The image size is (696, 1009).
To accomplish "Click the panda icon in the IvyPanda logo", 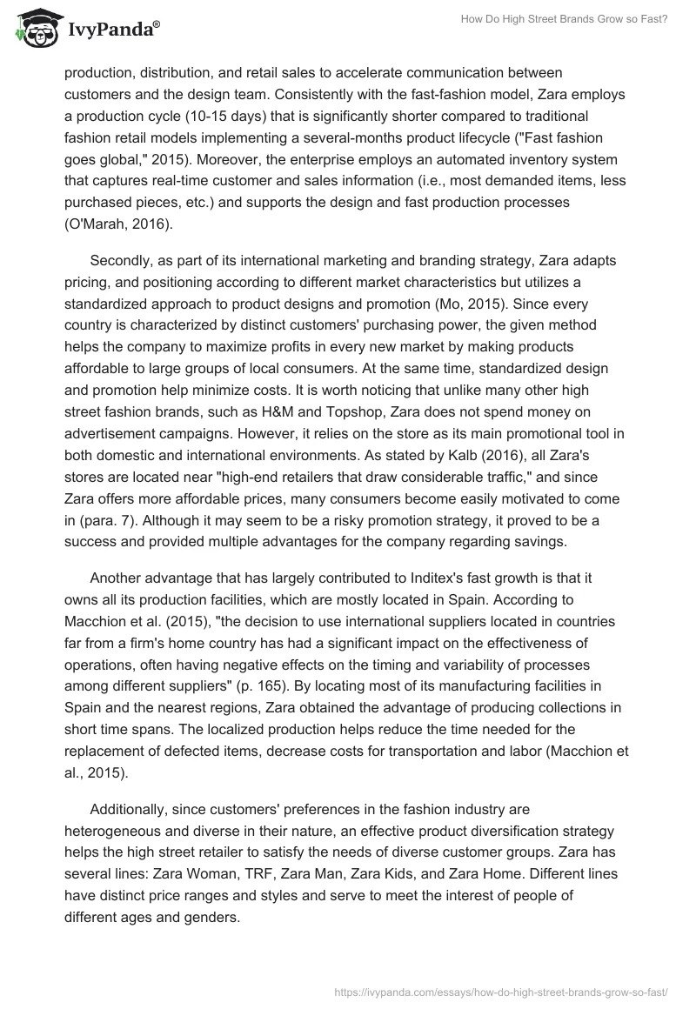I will click(x=34, y=31).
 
